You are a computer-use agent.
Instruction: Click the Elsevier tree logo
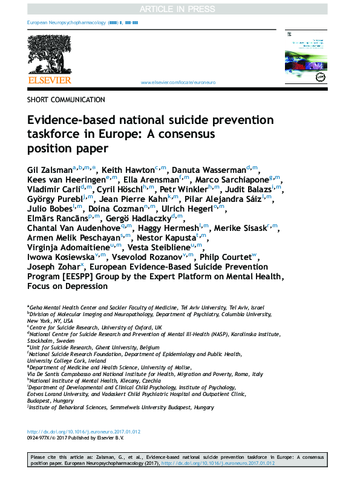coord(49,53)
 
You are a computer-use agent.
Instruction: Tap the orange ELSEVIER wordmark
coord(50,80)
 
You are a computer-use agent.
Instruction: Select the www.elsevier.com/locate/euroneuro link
coord(177,82)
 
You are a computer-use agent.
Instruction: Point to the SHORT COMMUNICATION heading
coord(66,100)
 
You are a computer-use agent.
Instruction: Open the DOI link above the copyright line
coord(84,432)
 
